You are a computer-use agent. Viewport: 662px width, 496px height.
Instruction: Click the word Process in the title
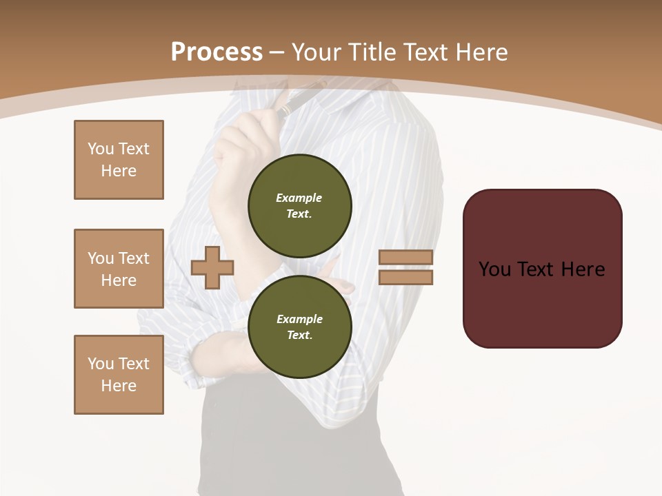pos(217,52)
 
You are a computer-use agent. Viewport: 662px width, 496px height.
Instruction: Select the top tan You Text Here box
pos(119,160)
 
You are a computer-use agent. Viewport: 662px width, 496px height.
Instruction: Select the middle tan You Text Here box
pos(119,269)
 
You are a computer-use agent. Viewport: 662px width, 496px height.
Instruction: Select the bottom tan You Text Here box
pos(119,375)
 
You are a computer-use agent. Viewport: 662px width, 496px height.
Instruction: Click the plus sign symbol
pos(212,267)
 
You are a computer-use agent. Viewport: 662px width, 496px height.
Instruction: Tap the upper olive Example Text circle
pos(299,205)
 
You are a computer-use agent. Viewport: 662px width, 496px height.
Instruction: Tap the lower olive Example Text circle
pos(299,327)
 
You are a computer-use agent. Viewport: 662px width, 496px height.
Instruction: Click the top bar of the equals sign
pos(405,258)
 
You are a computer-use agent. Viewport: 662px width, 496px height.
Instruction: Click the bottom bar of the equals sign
pos(405,277)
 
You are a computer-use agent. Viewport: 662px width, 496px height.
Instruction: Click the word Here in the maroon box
pos(583,269)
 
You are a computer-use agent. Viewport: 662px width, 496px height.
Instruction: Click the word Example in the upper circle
pos(299,198)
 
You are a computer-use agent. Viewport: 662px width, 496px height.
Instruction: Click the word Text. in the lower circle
pos(299,335)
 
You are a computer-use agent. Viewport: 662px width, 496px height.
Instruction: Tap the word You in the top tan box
pos(100,149)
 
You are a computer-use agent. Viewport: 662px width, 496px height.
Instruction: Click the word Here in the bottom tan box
pos(119,386)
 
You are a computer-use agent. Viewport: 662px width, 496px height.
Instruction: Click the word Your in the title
pos(317,52)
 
